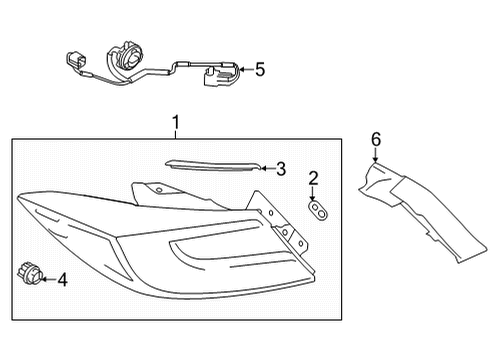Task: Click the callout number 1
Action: coord(175,123)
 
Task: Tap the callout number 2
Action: coord(313,178)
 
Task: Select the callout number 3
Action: coord(281,169)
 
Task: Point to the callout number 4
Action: coord(61,279)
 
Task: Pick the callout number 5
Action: coord(260,69)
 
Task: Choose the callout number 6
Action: coord(376,139)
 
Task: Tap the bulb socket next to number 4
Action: coord(28,272)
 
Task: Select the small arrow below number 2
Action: coord(314,194)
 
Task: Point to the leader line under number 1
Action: coord(175,136)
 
